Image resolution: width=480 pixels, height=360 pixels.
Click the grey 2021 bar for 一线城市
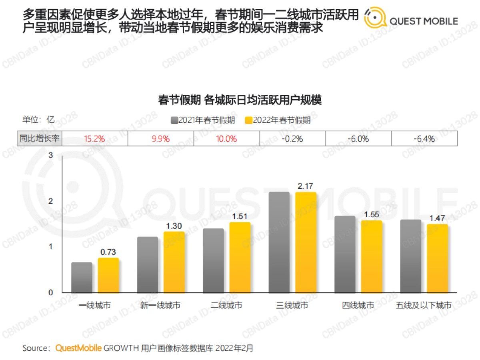click(x=81, y=277)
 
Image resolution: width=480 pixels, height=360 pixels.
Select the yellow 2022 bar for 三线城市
click(x=306, y=242)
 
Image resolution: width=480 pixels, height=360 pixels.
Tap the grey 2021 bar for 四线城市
click(x=345, y=254)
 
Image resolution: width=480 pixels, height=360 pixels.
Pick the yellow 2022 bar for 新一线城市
click(x=174, y=262)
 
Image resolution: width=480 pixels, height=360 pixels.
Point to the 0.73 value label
click(x=108, y=252)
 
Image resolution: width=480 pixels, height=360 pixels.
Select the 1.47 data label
click(x=437, y=218)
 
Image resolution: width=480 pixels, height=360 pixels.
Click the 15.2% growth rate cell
click(x=94, y=139)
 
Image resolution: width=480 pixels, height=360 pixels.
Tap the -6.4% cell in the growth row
click(x=424, y=139)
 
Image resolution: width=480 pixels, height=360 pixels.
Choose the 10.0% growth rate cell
click(x=226, y=139)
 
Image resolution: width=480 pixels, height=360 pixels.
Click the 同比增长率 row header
click(x=40, y=139)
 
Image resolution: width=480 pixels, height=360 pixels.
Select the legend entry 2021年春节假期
click(x=202, y=120)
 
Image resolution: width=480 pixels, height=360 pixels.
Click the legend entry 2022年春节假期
click(x=278, y=120)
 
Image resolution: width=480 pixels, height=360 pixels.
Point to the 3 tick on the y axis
click(x=50, y=156)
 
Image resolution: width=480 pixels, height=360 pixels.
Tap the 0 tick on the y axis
click(x=50, y=293)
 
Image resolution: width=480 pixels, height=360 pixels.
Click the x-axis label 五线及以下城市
click(x=424, y=306)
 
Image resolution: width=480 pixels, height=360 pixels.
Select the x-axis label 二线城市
click(x=226, y=306)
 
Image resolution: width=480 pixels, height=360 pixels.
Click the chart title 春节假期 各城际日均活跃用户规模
click(x=240, y=100)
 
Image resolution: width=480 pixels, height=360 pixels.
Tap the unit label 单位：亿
click(x=38, y=120)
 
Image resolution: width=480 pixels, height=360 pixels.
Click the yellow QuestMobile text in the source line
click(x=78, y=348)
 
